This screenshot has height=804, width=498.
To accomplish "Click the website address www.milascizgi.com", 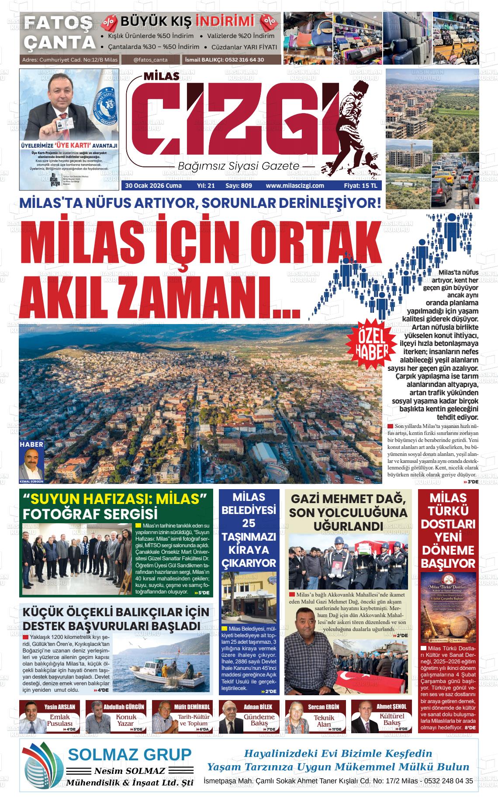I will (x=295, y=186).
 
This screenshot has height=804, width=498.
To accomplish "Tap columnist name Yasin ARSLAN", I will (x=59, y=706).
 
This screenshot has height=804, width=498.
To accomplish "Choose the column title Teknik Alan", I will (x=324, y=721).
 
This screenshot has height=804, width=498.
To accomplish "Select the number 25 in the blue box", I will (x=249, y=523).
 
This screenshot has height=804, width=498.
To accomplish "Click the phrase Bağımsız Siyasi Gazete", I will (x=239, y=166).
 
